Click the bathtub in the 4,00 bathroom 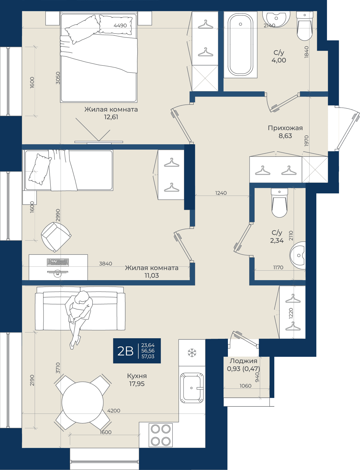click(x=240, y=45)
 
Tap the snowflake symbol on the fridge click(x=192, y=353)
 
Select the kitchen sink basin click(x=192, y=388)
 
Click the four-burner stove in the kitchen click(x=161, y=435)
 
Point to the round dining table click(x=83, y=402)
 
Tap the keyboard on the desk click(x=58, y=262)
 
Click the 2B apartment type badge click(x=137, y=351)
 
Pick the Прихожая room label click(x=285, y=128)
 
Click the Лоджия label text click(x=243, y=361)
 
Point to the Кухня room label click(x=137, y=376)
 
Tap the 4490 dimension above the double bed click(x=120, y=25)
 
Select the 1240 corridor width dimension click(x=221, y=193)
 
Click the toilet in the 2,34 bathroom click(x=279, y=203)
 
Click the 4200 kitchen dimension click(x=114, y=411)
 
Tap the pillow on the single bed click(x=40, y=169)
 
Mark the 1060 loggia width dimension click(x=245, y=386)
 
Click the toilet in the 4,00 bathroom click(x=305, y=26)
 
